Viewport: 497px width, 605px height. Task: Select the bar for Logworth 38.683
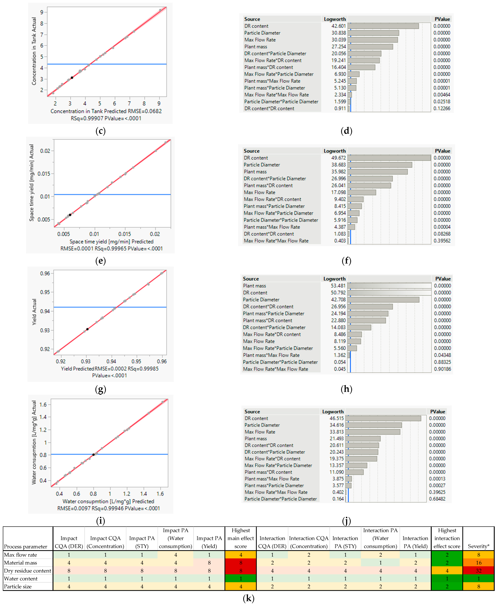[380, 165]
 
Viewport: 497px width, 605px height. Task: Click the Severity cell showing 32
[478, 571]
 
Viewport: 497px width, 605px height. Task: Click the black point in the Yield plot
[87, 329]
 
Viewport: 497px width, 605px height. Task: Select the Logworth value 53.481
[338, 286]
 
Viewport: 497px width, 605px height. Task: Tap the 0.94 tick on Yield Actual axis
[45, 311]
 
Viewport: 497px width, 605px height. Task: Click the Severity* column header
[478, 546]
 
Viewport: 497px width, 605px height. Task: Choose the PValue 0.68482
[437, 499]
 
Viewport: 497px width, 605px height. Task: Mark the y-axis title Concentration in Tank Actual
[34, 51]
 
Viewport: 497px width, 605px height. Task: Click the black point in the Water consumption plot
[93, 455]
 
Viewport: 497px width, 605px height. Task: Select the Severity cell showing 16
[478, 563]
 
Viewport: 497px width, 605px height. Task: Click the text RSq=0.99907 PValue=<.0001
[106, 118]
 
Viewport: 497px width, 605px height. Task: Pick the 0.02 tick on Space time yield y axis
[45, 151]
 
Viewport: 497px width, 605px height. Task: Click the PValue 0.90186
[442, 369]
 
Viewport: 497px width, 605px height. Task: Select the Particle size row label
[18, 586]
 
